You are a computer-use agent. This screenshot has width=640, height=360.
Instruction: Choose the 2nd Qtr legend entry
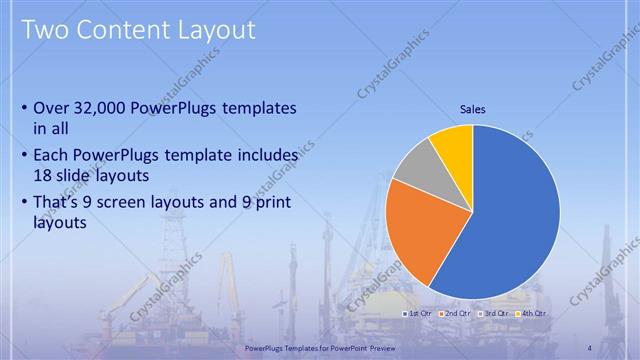tap(456, 313)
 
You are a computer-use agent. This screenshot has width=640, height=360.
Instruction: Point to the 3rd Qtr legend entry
tap(495, 313)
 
